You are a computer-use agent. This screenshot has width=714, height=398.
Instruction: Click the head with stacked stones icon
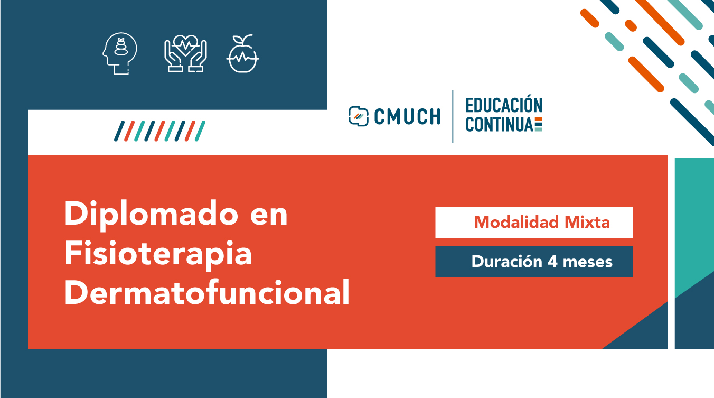[x=120, y=53]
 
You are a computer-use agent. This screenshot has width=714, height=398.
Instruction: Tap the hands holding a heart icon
[x=185, y=53]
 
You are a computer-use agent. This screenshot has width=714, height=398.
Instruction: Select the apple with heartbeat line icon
[x=243, y=53]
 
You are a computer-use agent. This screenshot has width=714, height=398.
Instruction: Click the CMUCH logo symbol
[x=359, y=116]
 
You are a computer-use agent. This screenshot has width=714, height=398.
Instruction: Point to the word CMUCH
[x=407, y=116]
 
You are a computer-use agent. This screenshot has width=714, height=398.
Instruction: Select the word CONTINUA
[x=500, y=124]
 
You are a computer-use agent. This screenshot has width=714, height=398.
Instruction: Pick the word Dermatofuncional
[x=207, y=292]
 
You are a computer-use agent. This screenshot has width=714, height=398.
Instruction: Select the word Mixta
[x=587, y=222]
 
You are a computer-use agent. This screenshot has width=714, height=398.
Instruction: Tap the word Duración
[x=507, y=261]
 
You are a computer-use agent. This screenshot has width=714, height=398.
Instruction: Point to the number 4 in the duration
[x=553, y=262]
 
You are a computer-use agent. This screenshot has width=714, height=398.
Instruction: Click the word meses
[x=588, y=263]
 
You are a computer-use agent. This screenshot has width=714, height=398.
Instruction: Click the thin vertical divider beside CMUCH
[x=453, y=116]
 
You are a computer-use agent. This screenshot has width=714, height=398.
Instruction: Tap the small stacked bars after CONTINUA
[x=538, y=124]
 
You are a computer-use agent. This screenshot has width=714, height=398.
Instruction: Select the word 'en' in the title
[x=269, y=216]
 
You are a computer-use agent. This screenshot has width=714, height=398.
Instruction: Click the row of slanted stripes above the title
[x=159, y=131]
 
